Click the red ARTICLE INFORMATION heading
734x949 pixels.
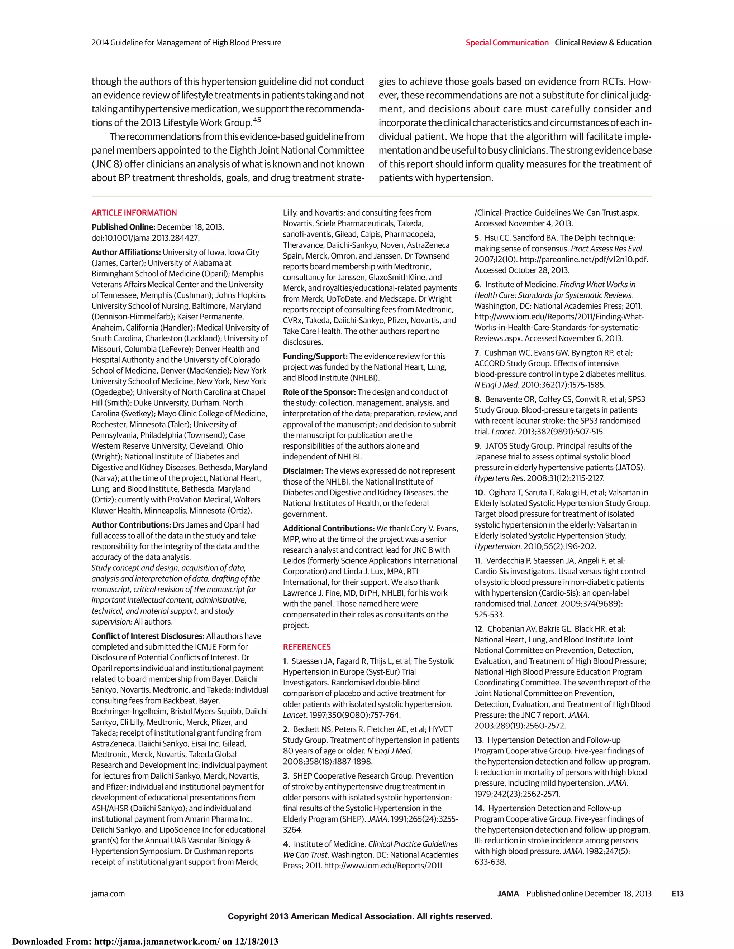click(134, 212)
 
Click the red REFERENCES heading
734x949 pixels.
click(306, 646)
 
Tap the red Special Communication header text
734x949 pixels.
click(507, 43)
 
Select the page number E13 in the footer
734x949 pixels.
click(677, 893)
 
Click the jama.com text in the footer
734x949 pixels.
click(108, 893)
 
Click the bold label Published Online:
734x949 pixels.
click(123, 227)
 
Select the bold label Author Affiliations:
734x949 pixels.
click(126, 252)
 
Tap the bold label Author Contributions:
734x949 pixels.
click(131, 525)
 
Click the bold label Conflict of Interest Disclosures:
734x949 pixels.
click(148, 636)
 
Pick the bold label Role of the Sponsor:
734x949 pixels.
click(319, 391)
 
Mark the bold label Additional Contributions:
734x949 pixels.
click(329, 528)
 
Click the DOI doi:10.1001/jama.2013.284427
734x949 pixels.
click(146, 238)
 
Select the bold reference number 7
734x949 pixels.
click(477, 352)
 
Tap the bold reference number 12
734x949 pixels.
click(479, 629)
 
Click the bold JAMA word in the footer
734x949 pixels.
click(508, 893)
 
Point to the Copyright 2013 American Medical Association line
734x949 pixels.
click(360, 916)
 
